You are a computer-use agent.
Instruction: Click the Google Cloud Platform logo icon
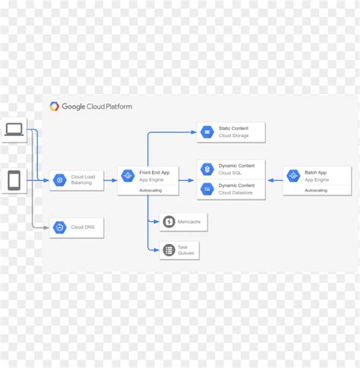[x=55, y=107]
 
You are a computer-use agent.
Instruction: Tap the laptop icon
[x=14, y=131]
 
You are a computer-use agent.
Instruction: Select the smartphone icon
[x=14, y=181]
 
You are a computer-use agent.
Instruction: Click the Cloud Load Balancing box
[x=76, y=179]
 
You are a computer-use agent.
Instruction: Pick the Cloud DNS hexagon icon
[x=59, y=227]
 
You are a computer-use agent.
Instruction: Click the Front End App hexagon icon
[x=128, y=176]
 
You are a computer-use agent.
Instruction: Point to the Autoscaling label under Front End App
[x=150, y=190]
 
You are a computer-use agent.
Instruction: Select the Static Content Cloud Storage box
[x=232, y=132]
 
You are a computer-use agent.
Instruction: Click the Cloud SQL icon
[x=207, y=169]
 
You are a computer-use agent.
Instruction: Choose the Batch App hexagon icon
[x=293, y=176]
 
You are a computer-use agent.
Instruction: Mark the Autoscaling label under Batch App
[x=316, y=190]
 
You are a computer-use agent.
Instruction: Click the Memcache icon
[x=169, y=221]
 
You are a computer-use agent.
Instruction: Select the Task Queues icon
[x=169, y=249]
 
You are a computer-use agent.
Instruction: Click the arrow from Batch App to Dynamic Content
[x=274, y=180]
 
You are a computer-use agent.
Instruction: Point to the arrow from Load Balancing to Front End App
[x=110, y=180]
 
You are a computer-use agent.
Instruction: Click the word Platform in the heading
[x=115, y=107]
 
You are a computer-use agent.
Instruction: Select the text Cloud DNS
[x=84, y=227]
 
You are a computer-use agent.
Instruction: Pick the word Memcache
[x=190, y=221]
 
